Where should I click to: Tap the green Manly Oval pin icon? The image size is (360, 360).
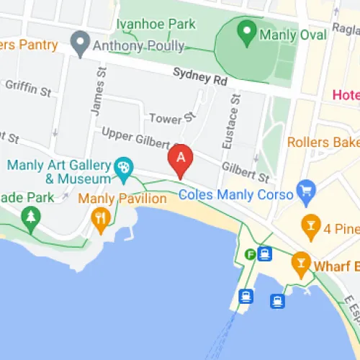click(x=246, y=31)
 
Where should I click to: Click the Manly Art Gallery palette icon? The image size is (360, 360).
click(x=124, y=166)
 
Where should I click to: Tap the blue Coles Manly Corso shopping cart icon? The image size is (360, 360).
click(x=307, y=191)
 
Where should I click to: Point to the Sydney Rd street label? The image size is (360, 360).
click(x=195, y=75)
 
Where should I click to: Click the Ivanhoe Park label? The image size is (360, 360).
click(x=156, y=24)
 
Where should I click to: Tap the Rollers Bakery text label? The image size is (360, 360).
click(x=323, y=142)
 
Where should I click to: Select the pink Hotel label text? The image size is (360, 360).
click(x=346, y=94)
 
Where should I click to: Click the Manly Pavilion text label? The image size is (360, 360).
click(x=117, y=198)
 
